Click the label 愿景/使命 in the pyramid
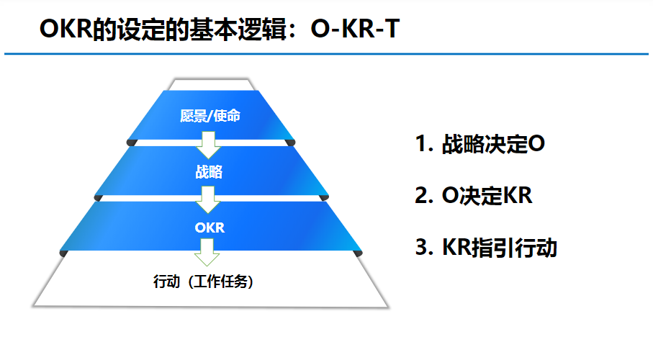tap(210, 115)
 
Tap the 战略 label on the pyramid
tap(210, 172)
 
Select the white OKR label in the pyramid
tap(210, 228)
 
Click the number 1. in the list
tap(424, 144)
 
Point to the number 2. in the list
tap(424, 195)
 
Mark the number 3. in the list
tap(424, 248)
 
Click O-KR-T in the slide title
tap(356, 30)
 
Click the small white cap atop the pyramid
tap(212, 84)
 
